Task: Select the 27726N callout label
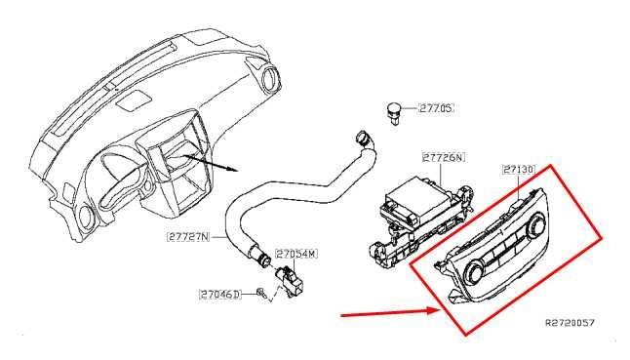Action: (x=444, y=155)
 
